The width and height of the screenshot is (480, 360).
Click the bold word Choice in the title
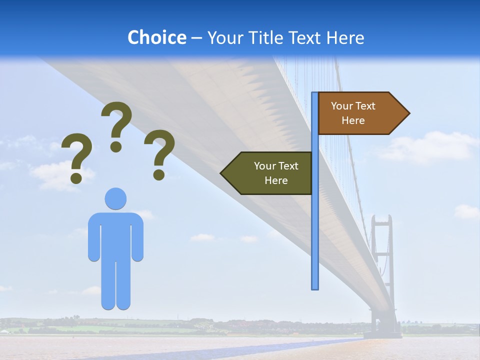click(156, 37)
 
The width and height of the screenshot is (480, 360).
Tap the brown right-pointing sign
click(360, 113)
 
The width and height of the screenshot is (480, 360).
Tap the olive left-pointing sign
click(270, 173)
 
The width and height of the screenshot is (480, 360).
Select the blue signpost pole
click(314, 225)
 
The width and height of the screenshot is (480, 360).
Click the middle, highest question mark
click(116, 120)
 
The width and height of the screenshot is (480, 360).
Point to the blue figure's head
click(115, 198)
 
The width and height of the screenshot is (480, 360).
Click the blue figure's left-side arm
click(93, 237)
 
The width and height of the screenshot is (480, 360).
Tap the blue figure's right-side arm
click(138, 237)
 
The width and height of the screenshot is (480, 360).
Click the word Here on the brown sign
click(353, 120)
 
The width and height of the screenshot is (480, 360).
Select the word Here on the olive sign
click(276, 180)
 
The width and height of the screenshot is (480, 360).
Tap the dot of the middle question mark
click(116, 146)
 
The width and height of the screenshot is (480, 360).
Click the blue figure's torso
click(115, 235)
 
